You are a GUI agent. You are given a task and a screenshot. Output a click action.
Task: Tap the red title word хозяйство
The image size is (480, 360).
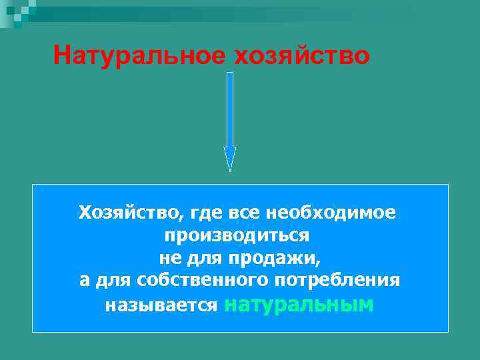(301, 55)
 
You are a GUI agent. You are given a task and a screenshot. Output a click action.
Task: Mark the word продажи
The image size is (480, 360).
(274, 258)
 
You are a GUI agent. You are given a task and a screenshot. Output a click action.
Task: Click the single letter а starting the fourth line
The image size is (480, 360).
(85, 281)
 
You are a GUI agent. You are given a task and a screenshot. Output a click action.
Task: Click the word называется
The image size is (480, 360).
(161, 305)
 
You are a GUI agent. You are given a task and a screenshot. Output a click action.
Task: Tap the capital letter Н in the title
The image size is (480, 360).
(62, 55)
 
